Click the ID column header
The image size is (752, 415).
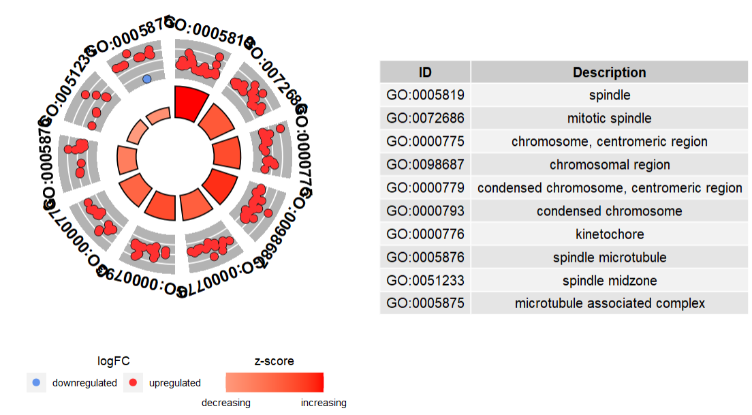coord(425,72)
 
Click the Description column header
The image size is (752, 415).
coord(609,72)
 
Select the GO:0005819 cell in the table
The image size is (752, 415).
coord(425,95)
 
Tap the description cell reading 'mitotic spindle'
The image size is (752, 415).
coord(609,119)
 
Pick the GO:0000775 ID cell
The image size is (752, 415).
coord(425,142)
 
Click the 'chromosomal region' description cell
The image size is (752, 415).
coord(609,165)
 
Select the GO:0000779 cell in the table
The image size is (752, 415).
coord(425,188)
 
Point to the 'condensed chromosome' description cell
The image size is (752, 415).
coord(609,211)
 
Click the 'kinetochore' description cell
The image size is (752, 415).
coord(609,234)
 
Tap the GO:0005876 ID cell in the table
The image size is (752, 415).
coord(425,258)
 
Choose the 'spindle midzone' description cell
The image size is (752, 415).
coord(609,281)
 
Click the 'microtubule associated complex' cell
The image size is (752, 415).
coord(609,303)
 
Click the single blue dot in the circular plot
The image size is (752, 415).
coord(146,79)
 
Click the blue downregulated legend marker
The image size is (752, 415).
coord(36,383)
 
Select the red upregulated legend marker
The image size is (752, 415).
coord(133,383)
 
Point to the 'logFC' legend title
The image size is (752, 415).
coord(114,361)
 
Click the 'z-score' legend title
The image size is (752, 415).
coord(274,361)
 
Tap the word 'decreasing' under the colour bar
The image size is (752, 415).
coord(225,403)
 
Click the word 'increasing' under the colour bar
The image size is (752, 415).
coord(324,403)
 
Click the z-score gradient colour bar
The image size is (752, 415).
coord(274,382)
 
